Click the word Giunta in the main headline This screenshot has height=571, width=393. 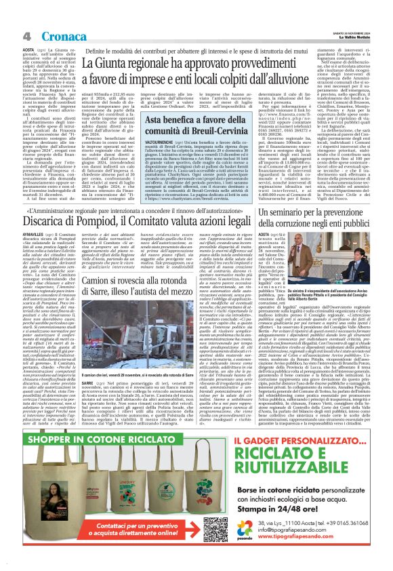tap(135, 65)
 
